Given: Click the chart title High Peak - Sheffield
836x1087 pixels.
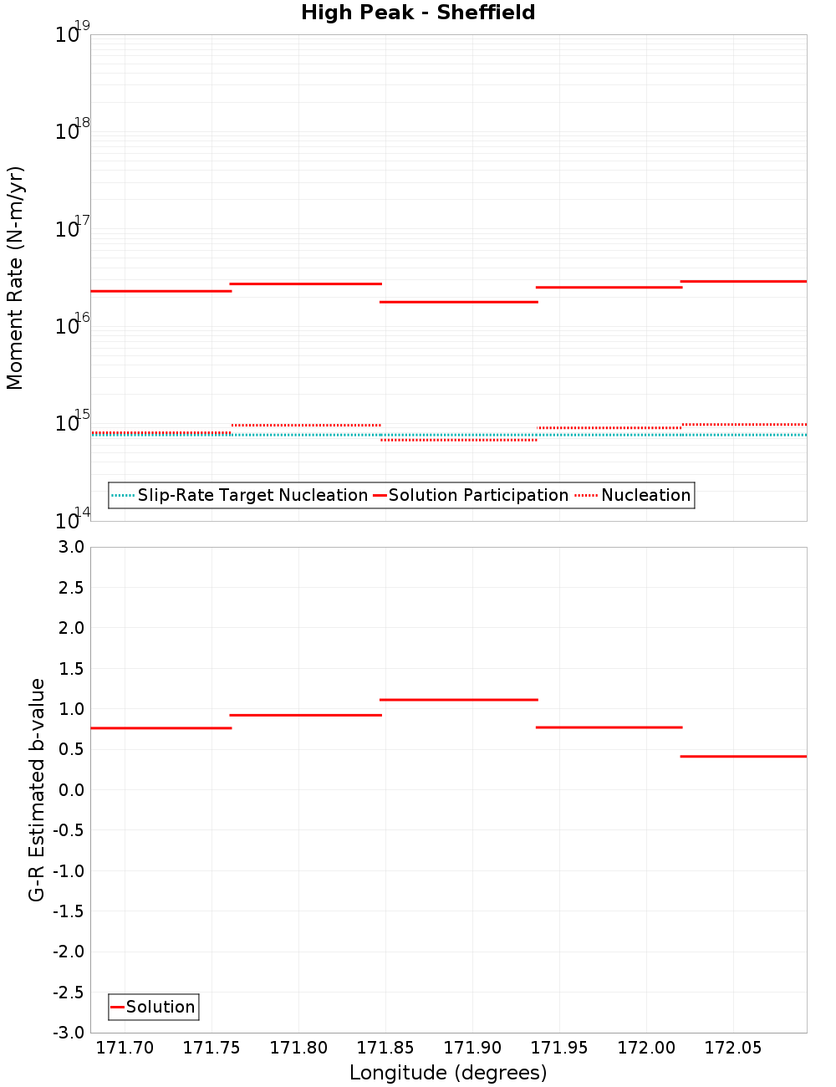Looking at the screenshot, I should click(x=418, y=13).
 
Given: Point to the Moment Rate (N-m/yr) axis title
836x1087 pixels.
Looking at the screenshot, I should click(x=15, y=278).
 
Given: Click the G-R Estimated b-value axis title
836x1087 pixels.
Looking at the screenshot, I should click(x=37, y=789).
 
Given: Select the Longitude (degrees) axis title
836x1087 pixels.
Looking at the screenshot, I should click(x=448, y=1073).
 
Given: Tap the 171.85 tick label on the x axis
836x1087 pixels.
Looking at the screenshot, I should click(x=385, y=1048).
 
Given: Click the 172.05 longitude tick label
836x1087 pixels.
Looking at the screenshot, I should click(x=733, y=1048).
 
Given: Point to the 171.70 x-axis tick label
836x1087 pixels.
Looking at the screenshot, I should click(x=125, y=1048).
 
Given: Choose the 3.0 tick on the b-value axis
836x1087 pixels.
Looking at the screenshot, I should click(x=69, y=547).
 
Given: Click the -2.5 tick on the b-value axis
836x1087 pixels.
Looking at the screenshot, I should click(x=69, y=993).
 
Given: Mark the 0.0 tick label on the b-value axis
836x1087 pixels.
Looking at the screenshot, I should click(x=70, y=790).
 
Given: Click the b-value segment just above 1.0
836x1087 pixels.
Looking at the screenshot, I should click(x=458, y=699).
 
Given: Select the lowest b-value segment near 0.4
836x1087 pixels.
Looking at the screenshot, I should click(x=743, y=756).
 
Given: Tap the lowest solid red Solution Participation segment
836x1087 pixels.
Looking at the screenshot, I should click(x=458, y=302).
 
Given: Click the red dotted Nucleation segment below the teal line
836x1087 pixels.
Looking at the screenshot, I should click(x=458, y=440).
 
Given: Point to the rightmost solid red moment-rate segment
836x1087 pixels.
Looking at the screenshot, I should click(x=743, y=281).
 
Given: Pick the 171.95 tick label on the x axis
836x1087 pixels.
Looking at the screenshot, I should click(x=559, y=1048).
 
